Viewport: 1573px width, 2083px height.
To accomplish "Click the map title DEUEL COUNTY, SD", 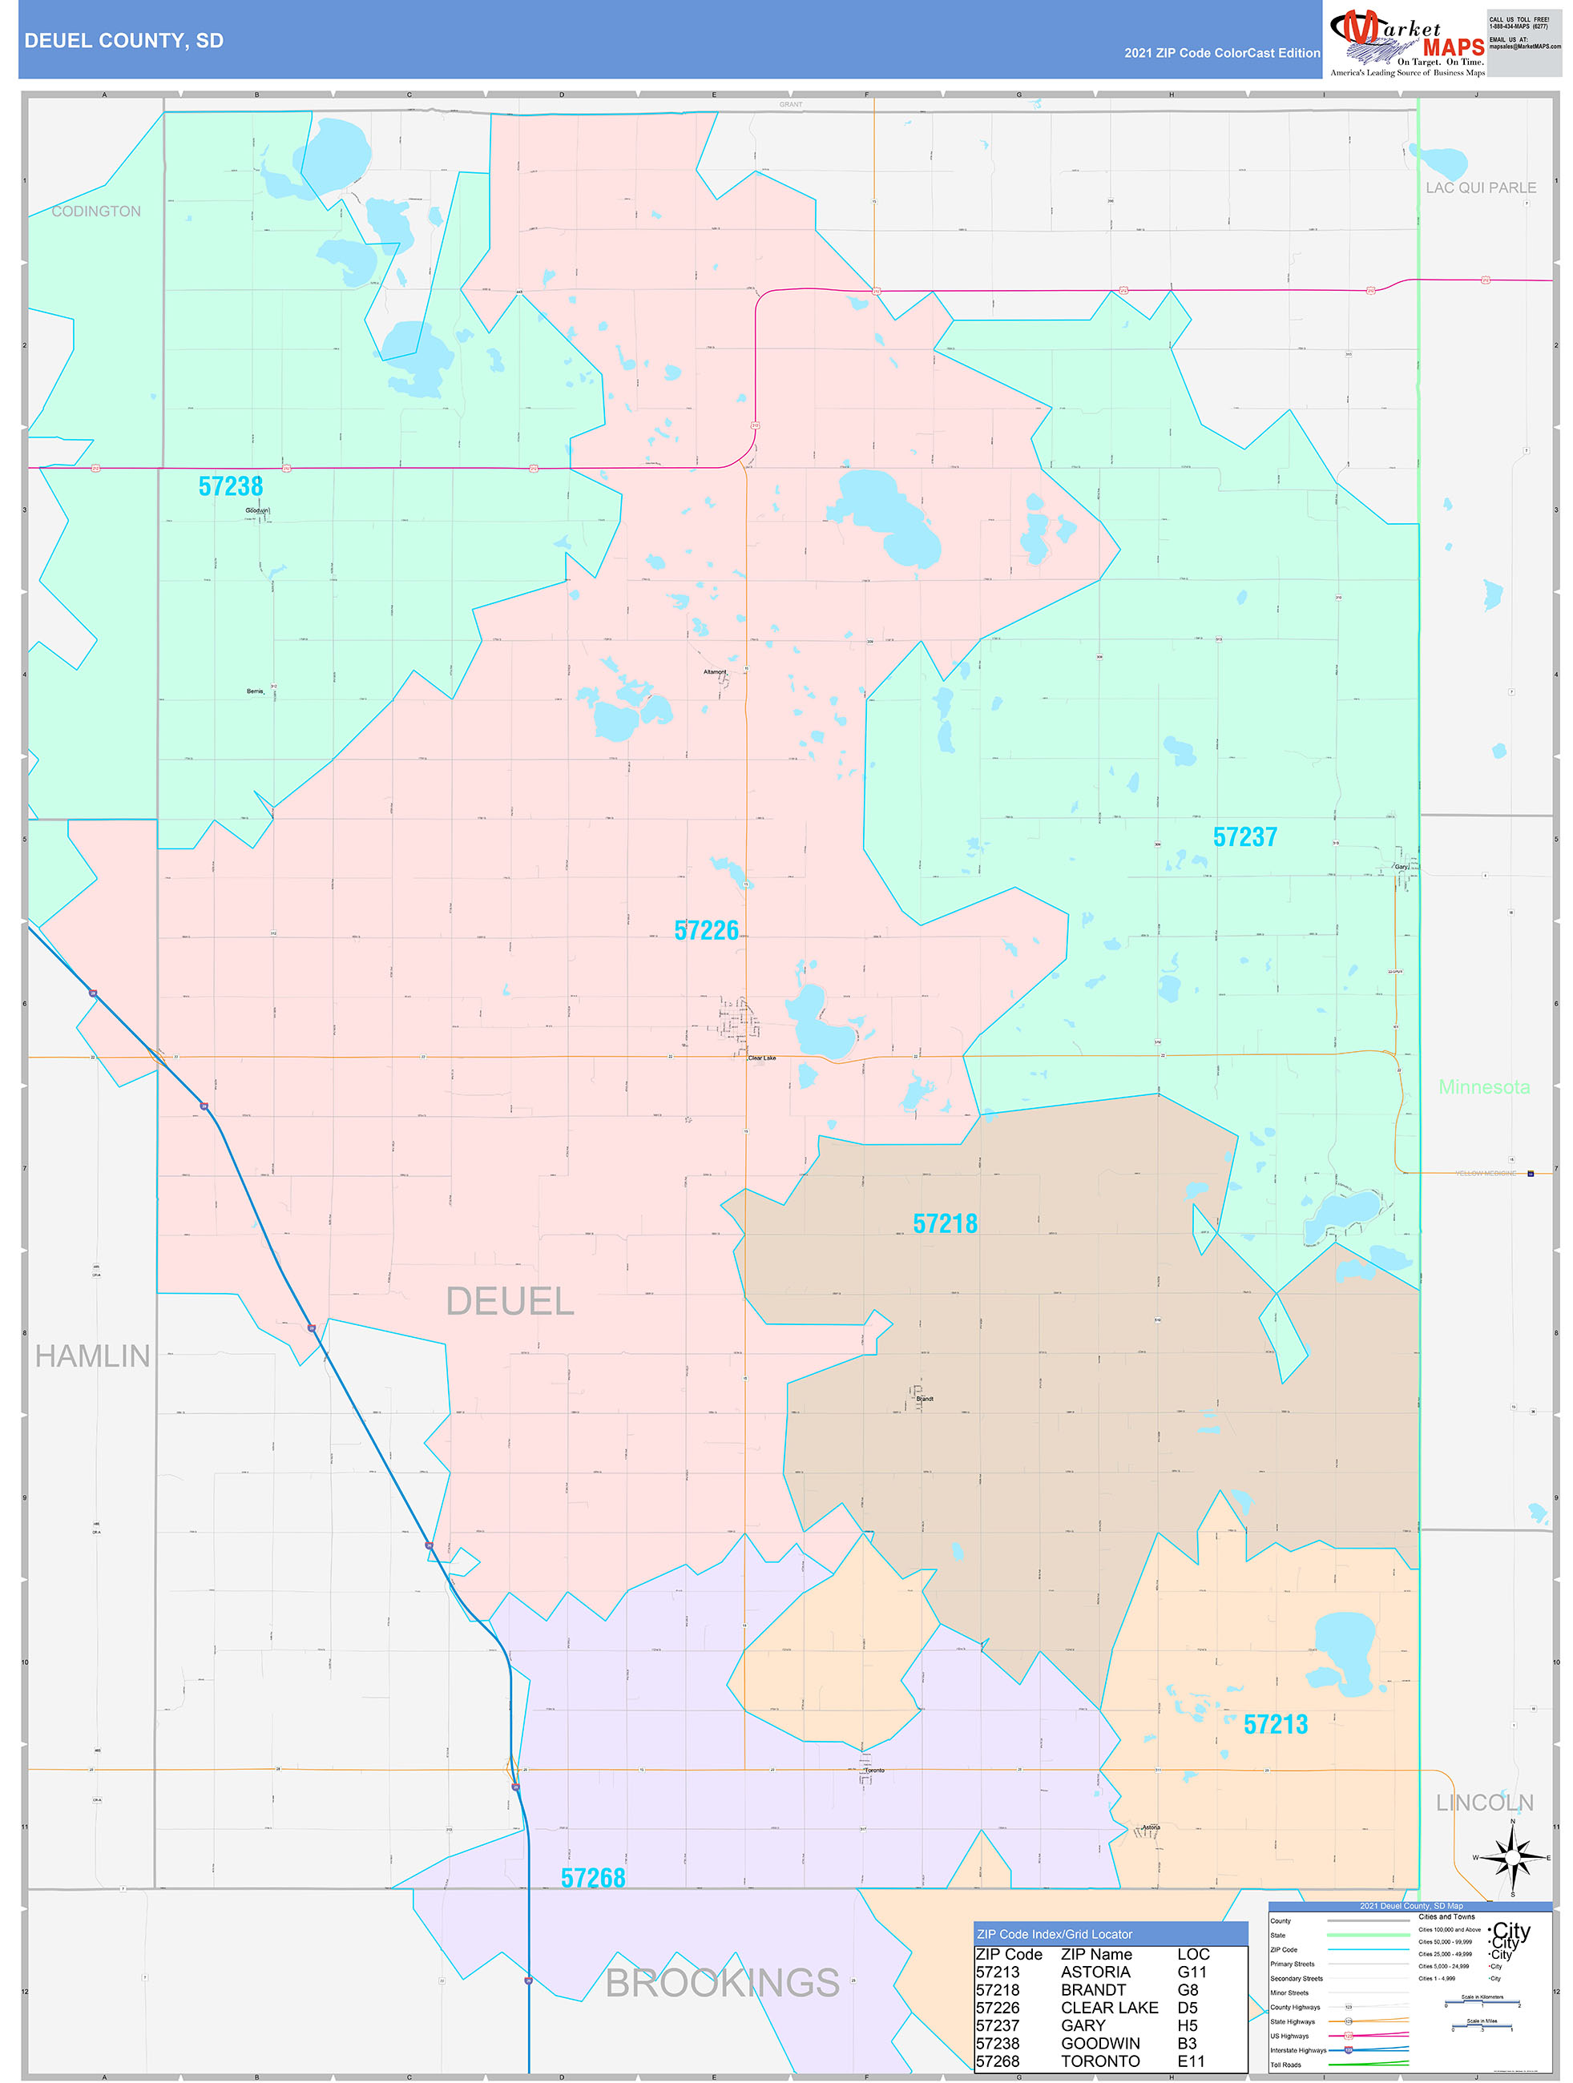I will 123,41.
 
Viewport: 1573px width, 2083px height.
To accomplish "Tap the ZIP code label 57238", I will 231,486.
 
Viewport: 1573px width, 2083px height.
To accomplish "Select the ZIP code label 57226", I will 707,930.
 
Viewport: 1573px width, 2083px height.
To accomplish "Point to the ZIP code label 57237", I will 1244,837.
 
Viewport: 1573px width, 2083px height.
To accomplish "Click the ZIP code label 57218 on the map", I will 945,1223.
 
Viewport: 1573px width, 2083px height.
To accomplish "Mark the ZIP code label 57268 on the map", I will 592,1878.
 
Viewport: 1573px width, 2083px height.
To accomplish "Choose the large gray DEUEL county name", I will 510,1301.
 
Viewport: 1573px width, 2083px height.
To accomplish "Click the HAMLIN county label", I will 92,1356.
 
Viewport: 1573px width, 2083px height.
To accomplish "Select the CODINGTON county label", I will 96,211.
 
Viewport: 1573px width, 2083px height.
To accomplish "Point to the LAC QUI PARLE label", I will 1480,188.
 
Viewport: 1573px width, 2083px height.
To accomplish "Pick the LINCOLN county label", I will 1485,1803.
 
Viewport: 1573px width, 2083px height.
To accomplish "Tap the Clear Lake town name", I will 762,1058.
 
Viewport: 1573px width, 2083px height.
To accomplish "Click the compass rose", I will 1513,1858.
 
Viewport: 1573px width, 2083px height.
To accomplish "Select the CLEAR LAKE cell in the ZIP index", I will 1109,2008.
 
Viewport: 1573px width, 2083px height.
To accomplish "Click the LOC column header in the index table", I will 1192,1954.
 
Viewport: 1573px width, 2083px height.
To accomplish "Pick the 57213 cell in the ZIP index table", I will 998,1972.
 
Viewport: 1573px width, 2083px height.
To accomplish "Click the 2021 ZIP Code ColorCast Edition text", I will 1222,53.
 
